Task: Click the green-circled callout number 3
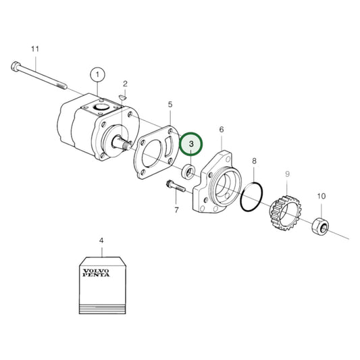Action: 191,144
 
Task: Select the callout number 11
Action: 36,49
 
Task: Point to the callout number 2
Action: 125,84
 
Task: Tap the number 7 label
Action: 176,210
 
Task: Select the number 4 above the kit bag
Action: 101,240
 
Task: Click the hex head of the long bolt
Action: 16,66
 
